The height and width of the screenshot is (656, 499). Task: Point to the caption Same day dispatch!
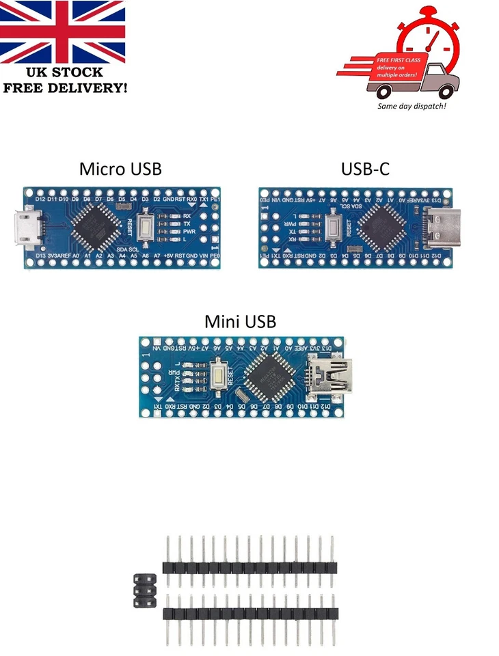click(412, 107)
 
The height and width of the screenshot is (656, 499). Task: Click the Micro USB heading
click(120, 168)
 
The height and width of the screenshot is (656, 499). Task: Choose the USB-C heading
click(366, 168)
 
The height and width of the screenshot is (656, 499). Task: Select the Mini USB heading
click(241, 321)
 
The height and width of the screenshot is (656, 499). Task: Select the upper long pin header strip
click(250, 567)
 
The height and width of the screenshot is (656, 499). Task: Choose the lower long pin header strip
click(250, 614)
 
